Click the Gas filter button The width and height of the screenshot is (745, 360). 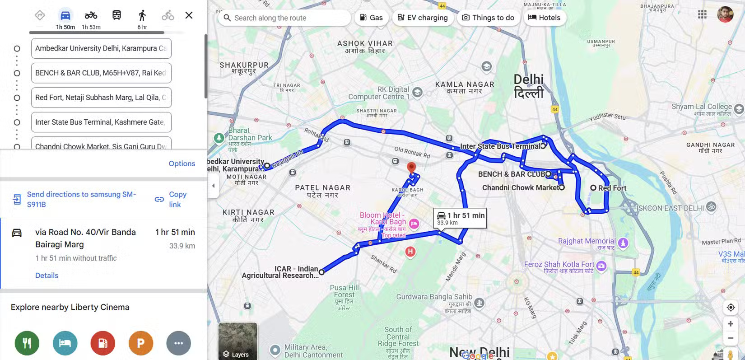(x=371, y=18)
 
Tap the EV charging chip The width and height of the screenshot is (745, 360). (x=423, y=18)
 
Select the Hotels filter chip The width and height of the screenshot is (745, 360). (x=544, y=18)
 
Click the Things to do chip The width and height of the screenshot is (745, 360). (x=488, y=18)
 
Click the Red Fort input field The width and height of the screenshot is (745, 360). (x=101, y=98)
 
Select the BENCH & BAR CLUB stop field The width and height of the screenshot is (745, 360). (x=101, y=73)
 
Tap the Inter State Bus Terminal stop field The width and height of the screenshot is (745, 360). (x=101, y=122)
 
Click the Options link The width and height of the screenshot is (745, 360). (x=182, y=164)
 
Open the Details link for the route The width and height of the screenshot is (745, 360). (x=47, y=276)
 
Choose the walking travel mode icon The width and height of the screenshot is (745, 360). (x=142, y=16)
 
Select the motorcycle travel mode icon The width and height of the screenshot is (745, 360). (x=91, y=16)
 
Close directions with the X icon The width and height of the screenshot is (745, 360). (x=189, y=15)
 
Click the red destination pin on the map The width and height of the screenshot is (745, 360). (x=411, y=167)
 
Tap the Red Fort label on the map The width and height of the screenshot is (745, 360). (x=612, y=188)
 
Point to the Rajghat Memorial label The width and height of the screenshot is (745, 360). (x=587, y=241)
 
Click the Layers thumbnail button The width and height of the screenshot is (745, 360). (x=237, y=341)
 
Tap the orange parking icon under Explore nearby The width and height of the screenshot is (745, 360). (x=141, y=343)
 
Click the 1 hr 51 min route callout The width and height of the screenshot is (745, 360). (x=460, y=218)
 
